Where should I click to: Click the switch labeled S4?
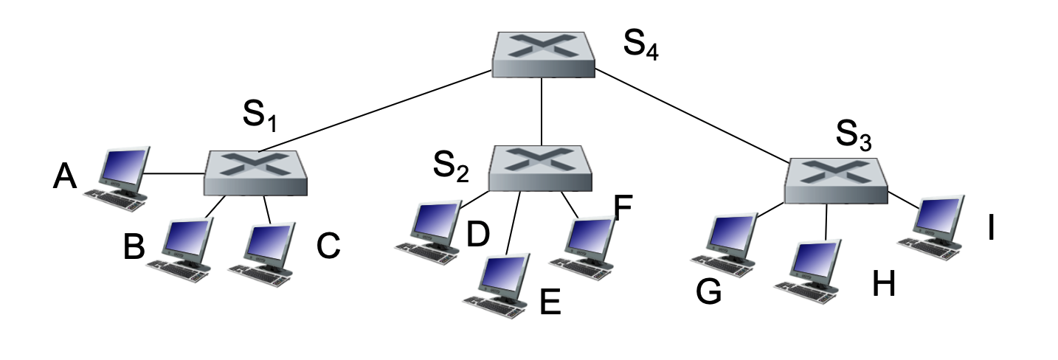click(543, 54)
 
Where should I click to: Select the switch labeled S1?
click(255, 173)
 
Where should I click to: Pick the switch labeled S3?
click(834, 180)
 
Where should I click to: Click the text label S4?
click(640, 46)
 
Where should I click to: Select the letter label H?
click(883, 285)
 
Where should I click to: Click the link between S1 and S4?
click(384, 111)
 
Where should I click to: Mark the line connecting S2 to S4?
click(542, 111)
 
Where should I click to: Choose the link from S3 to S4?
click(690, 116)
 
